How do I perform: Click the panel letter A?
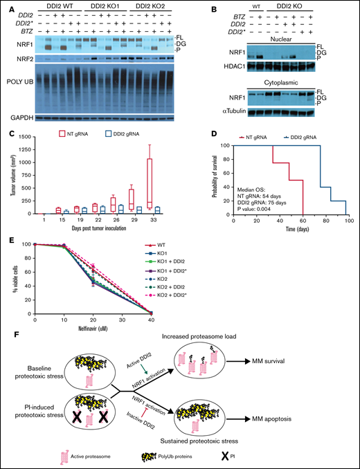(x=5, y=6)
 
